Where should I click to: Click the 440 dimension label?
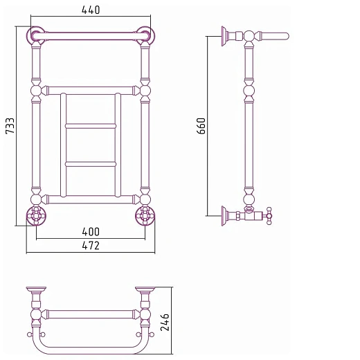click(91, 10)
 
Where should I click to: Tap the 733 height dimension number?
click(10, 126)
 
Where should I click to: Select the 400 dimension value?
click(91, 232)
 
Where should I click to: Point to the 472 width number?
click(91, 246)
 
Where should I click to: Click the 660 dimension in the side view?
click(201, 126)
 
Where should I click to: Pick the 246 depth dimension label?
click(165, 322)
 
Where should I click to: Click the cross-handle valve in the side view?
click(269, 216)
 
